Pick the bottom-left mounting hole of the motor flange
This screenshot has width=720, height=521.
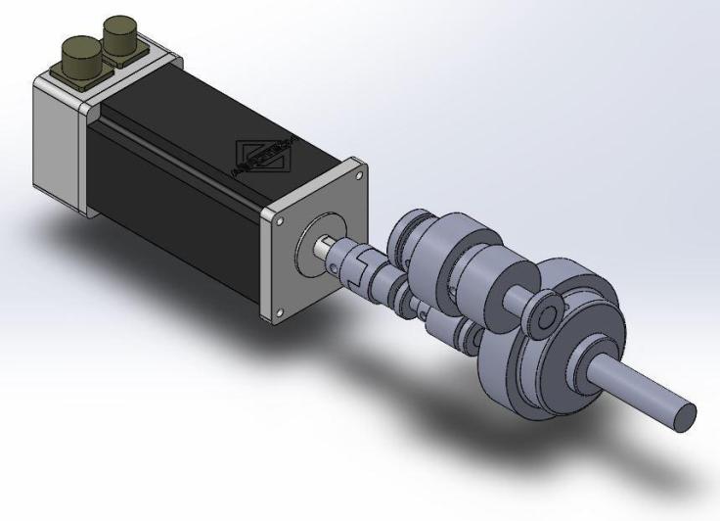279,313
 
